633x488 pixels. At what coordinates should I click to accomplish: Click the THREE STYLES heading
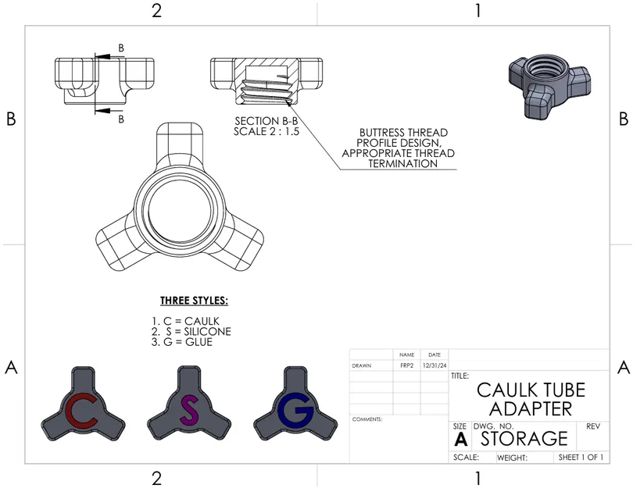tap(194, 301)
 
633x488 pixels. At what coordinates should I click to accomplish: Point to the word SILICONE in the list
tap(208, 332)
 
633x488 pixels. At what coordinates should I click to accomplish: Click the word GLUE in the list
tap(198, 342)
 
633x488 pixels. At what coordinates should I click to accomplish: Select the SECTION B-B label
tap(266, 121)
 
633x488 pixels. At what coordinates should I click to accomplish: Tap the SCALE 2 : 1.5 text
tap(266, 131)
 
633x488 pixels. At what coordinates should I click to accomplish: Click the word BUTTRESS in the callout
tap(381, 133)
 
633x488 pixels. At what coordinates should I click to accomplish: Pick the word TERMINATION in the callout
tap(403, 164)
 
